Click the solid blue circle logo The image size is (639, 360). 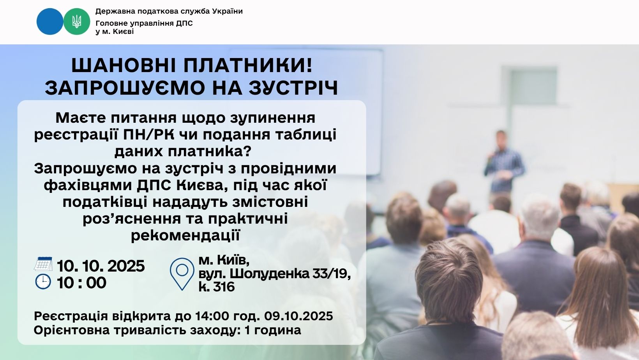click(49, 21)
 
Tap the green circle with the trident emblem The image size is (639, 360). click(76, 21)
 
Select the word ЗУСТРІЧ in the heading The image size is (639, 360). click(293, 88)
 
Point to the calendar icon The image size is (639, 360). click(43, 264)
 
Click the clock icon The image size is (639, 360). click(43, 282)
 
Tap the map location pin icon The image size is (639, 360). click(182, 274)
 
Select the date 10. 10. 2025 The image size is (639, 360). click(101, 266)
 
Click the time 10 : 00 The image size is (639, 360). click(81, 283)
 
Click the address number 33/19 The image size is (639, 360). click(332, 274)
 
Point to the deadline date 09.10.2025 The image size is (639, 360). click(298, 316)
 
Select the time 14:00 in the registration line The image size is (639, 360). click(212, 316)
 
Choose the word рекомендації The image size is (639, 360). click(185, 236)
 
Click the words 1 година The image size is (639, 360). click(273, 330)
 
